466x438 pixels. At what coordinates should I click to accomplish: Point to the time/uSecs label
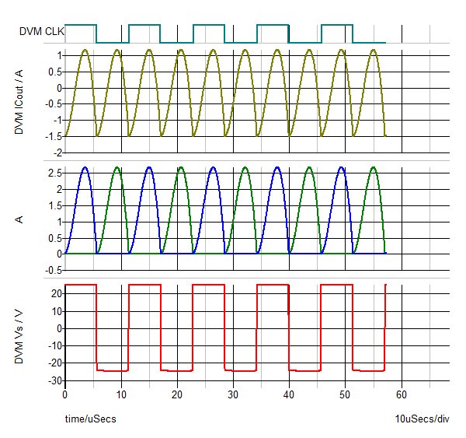tap(90, 419)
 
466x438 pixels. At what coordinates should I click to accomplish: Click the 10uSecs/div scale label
tap(422, 419)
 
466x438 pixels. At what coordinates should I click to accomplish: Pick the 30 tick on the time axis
tap(233, 394)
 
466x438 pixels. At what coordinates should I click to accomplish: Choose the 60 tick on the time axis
tap(402, 394)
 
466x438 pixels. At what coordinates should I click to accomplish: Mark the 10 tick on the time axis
tap(121, 394)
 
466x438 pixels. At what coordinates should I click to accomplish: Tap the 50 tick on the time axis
tap(345, 394)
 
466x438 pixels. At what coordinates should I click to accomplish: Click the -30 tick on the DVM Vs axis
tap(54, 380)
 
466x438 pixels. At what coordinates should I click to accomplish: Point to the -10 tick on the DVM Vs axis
tap(54, 345)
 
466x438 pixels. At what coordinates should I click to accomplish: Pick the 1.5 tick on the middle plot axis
tap(54, 205)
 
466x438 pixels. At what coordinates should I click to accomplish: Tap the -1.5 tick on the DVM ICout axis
tap(53, 137)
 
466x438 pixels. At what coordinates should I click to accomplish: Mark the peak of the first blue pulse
tap(85, 168)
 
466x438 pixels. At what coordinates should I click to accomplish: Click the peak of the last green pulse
tap(374, 168)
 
